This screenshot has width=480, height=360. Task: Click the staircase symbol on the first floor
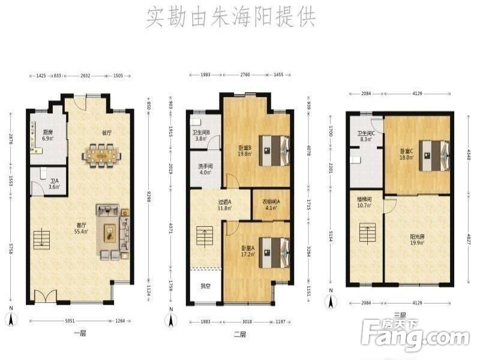point(41,238)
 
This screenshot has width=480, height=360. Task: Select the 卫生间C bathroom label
point(366,136)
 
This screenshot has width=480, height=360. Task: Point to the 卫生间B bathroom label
point(200,136)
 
